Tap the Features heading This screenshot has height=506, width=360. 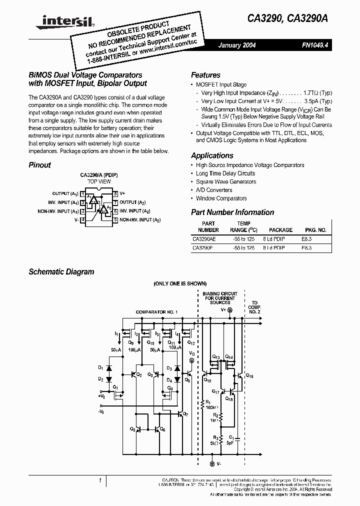205,75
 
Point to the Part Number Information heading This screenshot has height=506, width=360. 232,212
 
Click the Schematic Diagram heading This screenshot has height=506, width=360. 61,272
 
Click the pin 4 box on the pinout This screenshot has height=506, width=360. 83,220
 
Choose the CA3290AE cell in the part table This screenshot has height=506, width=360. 205,239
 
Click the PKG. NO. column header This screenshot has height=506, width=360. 315,230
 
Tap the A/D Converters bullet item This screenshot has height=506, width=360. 214,190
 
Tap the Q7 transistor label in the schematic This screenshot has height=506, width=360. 185,414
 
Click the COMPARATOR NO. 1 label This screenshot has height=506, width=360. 157,312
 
